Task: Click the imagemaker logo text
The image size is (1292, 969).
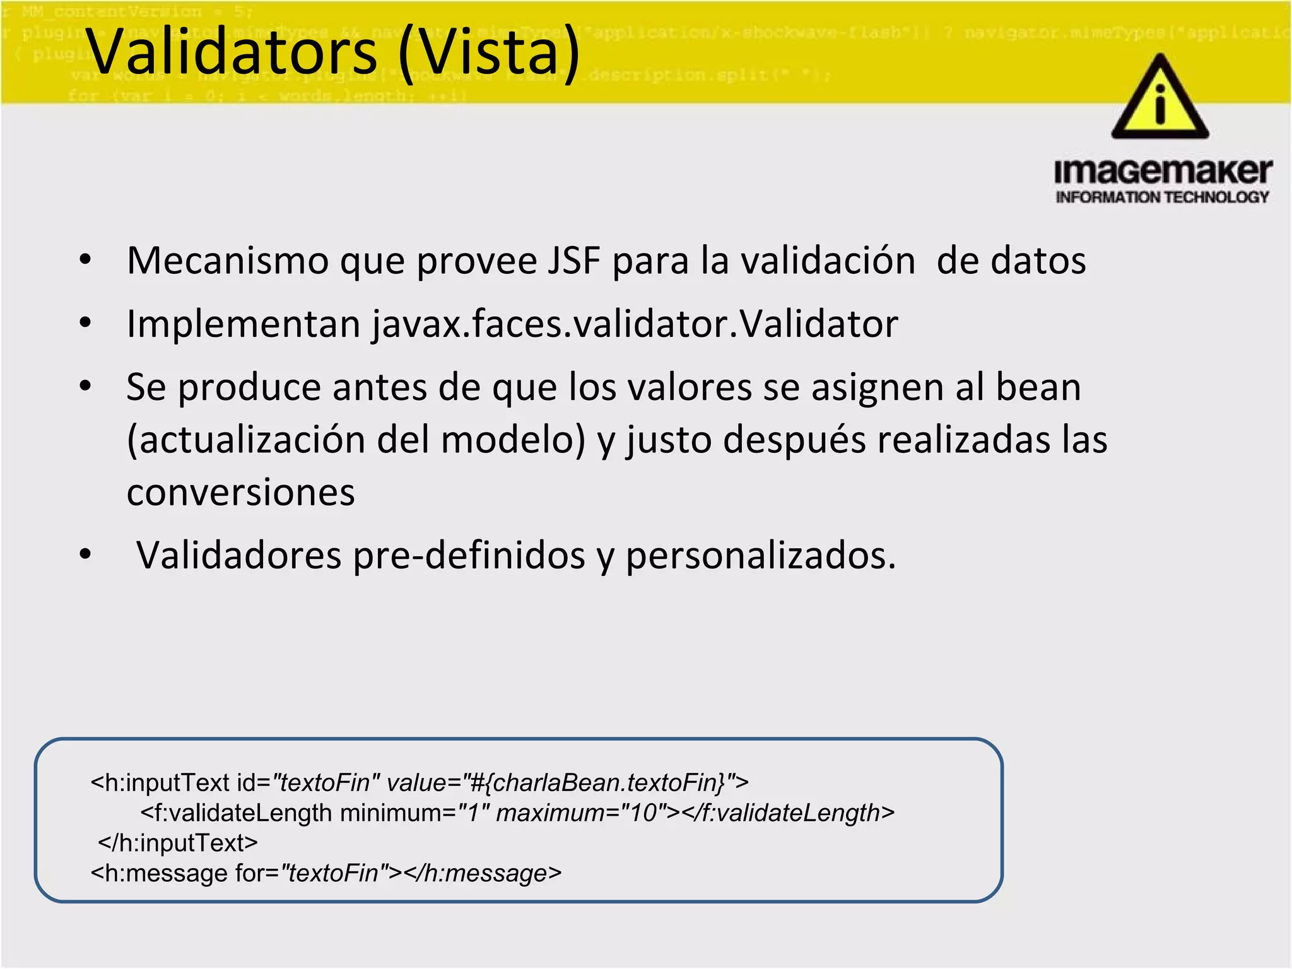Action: click(x=1163, y=172)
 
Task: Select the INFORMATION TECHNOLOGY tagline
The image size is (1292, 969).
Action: click(x=1162, y=197)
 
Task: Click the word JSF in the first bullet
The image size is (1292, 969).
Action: click(x=573, y=260)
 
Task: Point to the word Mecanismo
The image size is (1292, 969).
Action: click(x=227, y=260)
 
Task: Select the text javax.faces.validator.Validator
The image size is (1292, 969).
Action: click(x=635, y=324)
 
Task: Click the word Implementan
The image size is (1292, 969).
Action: click(x=244, y=324)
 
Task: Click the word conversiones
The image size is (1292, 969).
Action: click(x=240, y=492)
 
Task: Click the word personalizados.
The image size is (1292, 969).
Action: click(x=760, y=556)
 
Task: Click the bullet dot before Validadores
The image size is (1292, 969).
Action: click(x=85, y=555)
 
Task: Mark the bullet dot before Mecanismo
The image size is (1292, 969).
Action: click(x=85, y=259)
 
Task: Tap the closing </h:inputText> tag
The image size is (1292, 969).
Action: click(x=178, y=843)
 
